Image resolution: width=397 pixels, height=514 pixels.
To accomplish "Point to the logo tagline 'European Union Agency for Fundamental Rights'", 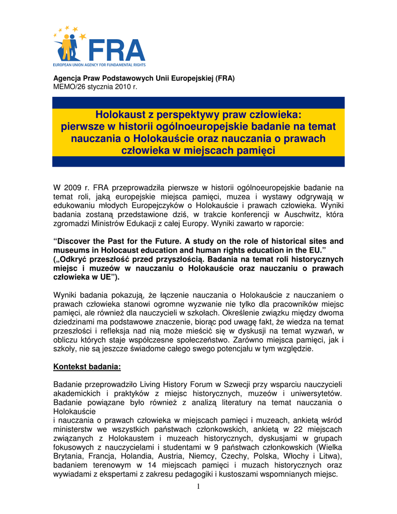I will point(99,65).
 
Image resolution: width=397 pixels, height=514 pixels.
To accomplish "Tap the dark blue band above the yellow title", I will point(198,102).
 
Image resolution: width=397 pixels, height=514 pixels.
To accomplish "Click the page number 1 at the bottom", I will point(198,487).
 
